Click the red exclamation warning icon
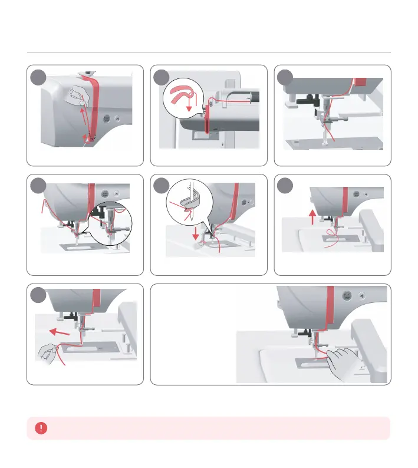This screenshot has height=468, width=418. pos(41,429)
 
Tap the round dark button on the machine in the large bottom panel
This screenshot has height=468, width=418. pos(347,298)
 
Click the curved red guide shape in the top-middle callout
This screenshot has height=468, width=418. pos(183,94)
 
